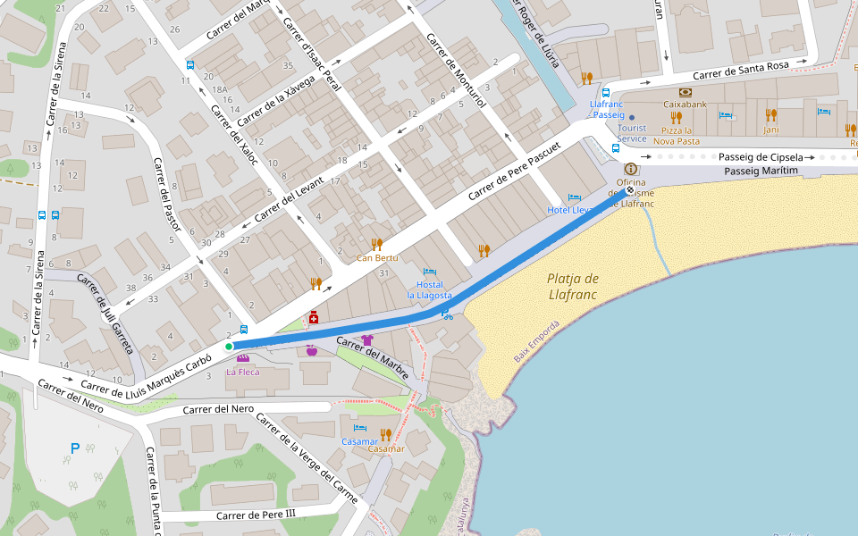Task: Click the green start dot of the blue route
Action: (x=229, y=347)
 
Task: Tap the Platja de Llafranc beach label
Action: (x=573, y=285)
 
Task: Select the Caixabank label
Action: (x=686, y=105)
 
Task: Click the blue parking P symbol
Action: (x=75, y=448)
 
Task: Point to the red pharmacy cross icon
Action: (x=314, y=317)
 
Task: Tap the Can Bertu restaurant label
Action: (x=376, y=258)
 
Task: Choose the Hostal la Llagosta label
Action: (x=430, y=289)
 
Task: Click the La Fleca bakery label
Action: (x=242, y=372)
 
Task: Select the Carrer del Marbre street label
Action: (x=373, y=357)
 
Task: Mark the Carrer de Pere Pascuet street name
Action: (x=515, y=171)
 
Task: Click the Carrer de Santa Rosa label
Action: (x=741, y=71)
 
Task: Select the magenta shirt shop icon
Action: (x=366, y=340)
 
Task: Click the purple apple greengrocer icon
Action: (x=311, y=351)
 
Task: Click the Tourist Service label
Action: (x=632, y=132)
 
